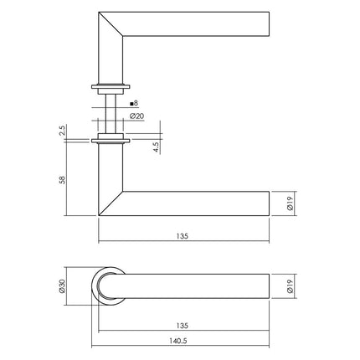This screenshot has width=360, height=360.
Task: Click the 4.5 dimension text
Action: (155, 147)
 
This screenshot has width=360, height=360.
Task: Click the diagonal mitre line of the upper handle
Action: (113, 25)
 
